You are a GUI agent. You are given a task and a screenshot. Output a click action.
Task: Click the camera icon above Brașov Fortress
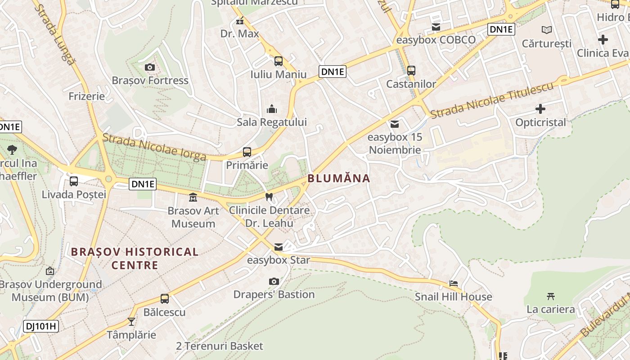[150, 67]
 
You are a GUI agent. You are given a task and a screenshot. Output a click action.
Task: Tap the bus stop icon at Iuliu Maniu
[279, 61]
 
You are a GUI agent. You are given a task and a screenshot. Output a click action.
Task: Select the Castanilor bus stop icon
[411, 71]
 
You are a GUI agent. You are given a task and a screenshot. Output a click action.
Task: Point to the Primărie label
[247, 165]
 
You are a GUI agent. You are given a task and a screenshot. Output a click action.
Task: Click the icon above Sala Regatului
[272, 109]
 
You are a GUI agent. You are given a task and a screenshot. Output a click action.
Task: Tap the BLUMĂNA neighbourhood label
[339, 179]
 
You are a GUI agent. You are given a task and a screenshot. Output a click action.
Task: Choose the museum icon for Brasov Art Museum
[193, 197]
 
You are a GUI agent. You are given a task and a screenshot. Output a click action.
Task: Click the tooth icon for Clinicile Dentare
[269, 197]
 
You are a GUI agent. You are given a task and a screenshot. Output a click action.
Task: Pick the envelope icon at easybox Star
[279, 247]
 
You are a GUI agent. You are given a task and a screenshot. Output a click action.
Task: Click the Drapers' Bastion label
[274, 295]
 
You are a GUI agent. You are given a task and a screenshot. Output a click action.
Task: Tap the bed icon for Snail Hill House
[454, 283]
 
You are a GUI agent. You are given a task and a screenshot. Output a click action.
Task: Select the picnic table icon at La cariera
[550, 296]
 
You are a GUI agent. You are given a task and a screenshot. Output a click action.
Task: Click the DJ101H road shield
[41, 326]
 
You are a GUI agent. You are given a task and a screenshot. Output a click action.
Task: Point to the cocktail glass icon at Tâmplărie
[131, 321]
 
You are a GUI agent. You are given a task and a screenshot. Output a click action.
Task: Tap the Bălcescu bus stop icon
[165, 299]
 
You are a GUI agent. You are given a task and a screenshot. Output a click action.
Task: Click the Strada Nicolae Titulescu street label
[491, 100]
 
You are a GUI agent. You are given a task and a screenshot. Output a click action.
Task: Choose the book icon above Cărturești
[547, 30]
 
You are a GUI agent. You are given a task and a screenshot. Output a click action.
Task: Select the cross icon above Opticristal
[540, 109]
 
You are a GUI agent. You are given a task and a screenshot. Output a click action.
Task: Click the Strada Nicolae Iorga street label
[154, 147]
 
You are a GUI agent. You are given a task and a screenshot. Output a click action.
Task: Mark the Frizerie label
[86, 96]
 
